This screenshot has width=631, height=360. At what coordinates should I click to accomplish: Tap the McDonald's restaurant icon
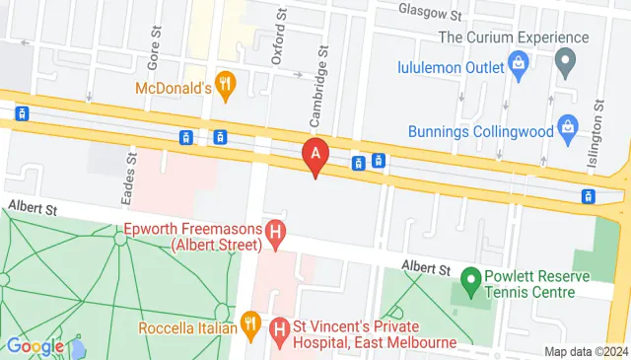(227, 86)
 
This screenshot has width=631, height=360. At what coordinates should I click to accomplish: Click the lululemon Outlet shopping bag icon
(518, 65)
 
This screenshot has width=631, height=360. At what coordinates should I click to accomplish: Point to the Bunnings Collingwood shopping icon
(567, 126)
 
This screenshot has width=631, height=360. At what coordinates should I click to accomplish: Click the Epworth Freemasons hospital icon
(276, 234)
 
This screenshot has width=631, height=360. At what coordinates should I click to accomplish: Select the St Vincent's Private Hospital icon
(280, 327)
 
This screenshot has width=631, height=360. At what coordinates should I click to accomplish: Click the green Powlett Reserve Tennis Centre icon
(470, 282)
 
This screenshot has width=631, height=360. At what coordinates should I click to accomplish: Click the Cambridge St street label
(317, 88)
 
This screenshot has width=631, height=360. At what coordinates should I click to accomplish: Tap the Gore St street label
(154, 46)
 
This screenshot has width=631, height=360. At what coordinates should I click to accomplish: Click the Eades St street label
(128, 179)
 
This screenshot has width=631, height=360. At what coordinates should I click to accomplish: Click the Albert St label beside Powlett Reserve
(425, 267)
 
